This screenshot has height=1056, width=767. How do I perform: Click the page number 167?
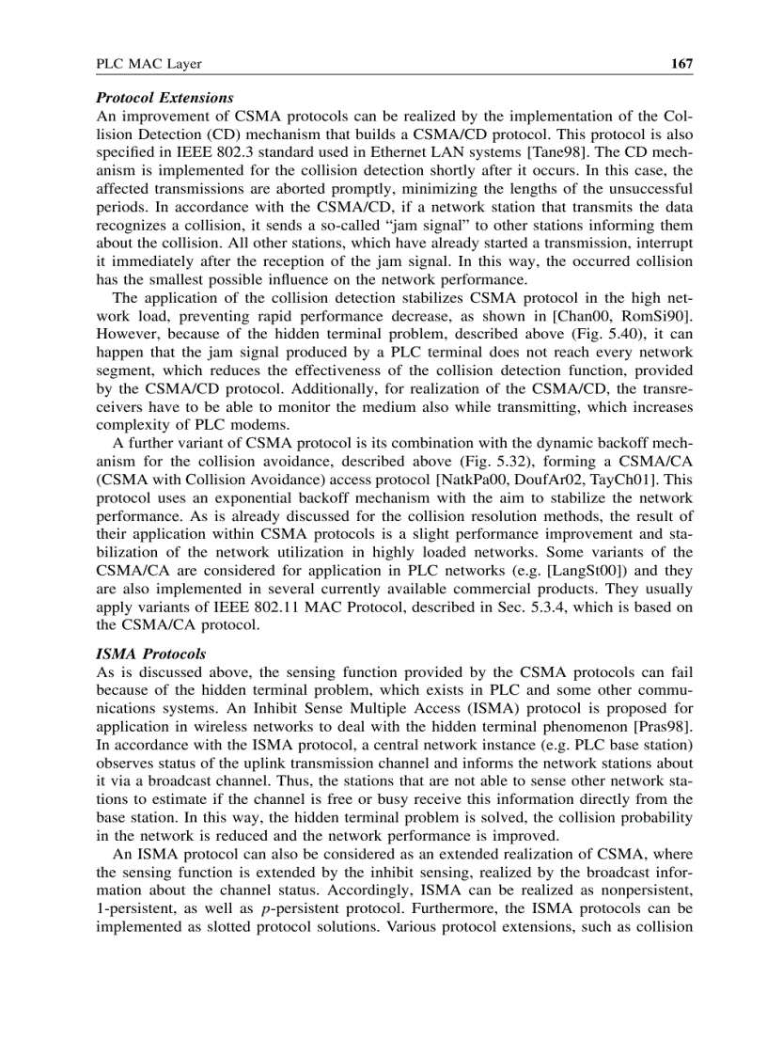coord(681,64)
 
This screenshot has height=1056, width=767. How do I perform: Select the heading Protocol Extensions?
coord(164,98)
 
